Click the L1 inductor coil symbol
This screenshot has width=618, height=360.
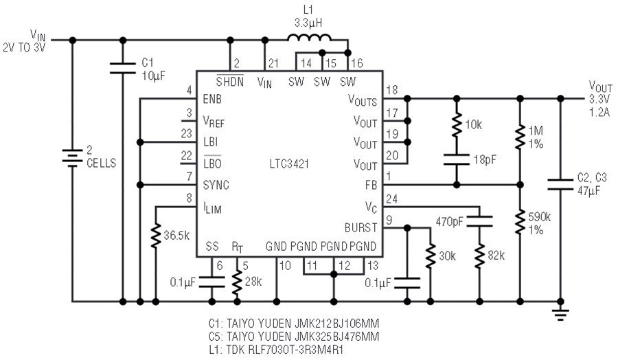tap(310, 38)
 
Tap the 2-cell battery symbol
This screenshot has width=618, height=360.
tap(72, 157)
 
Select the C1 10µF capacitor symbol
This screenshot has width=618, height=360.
tap(123, 68)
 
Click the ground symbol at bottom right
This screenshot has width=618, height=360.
tap(560, 314)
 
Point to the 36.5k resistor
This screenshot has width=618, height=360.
tap(156, 236)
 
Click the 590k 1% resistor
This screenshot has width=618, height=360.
tap(520, 222)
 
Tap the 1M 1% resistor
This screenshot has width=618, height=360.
tap(520, 137)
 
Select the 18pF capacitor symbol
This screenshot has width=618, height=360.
tap(457, 159)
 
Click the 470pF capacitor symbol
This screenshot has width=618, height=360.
tap(479, 221)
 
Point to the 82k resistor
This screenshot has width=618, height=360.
tap(479, 256)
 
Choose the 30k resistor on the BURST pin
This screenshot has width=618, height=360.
tap(430, 256)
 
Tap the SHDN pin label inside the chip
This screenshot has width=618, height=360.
tap(230, 81)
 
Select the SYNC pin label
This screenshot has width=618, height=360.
tap(216, 185)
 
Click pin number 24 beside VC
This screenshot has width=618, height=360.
tap(391, 199)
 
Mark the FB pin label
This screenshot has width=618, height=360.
tap(371, 185)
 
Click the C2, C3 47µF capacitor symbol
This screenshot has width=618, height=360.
tap(560, 185)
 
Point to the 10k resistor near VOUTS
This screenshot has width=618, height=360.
tap(457, 124)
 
